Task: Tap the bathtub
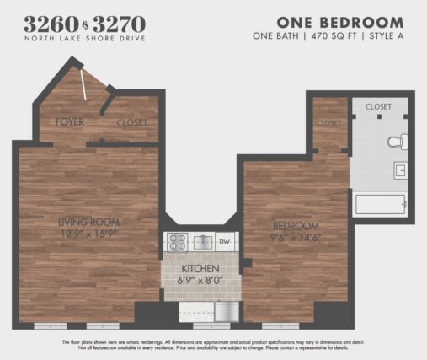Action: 381,204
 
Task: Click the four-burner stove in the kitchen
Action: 177,243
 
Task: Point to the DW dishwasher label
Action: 224,243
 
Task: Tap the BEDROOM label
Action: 296,226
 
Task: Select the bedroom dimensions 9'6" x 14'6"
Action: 296,238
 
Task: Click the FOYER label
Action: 71,122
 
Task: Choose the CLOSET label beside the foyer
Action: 131,122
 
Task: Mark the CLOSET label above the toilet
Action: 380,106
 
